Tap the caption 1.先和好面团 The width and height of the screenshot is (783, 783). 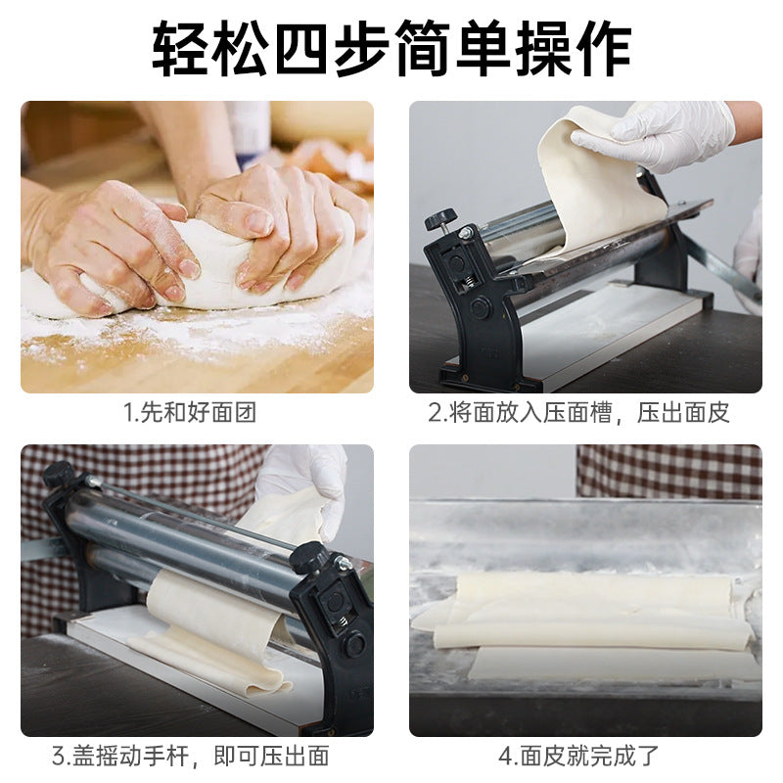pos(190,413)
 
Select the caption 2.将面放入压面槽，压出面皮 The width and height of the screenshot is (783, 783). pos(579,413)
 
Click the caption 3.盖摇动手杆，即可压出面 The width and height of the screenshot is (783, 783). pos(191,756)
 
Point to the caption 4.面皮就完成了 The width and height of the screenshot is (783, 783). pos(578,756)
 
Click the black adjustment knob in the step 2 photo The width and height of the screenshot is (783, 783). pos(440,218)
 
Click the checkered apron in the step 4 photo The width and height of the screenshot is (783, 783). pos(669,472)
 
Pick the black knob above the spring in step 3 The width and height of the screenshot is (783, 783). pos(309,557)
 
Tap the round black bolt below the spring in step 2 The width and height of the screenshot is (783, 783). pos(480,307)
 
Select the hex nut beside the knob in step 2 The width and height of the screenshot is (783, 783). pos(466,232)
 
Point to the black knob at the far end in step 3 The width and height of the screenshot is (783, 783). pos(57,475)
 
